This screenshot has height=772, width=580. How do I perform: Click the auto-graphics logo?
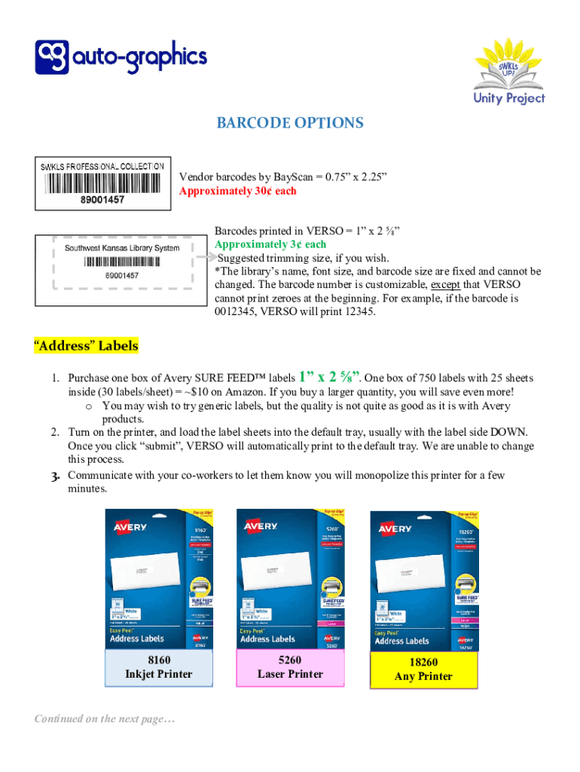coord(121,58)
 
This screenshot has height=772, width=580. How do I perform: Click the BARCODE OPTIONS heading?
coord(290,123)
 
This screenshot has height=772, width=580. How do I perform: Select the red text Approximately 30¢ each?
coord(237,191)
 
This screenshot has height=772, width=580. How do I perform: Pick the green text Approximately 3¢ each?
coord(270,244)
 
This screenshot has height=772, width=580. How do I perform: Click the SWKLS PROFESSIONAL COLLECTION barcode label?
coord(102,182)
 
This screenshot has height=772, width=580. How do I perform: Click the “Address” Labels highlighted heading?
coord(86,346)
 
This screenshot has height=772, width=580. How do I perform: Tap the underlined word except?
coord(444,284)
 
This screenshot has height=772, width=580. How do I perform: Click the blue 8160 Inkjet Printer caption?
coord(159,667)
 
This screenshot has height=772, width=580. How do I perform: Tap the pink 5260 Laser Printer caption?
coord(290,667)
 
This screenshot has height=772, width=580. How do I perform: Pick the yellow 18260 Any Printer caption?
coord(423,669)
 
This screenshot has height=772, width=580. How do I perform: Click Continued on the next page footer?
coord(105,719)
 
